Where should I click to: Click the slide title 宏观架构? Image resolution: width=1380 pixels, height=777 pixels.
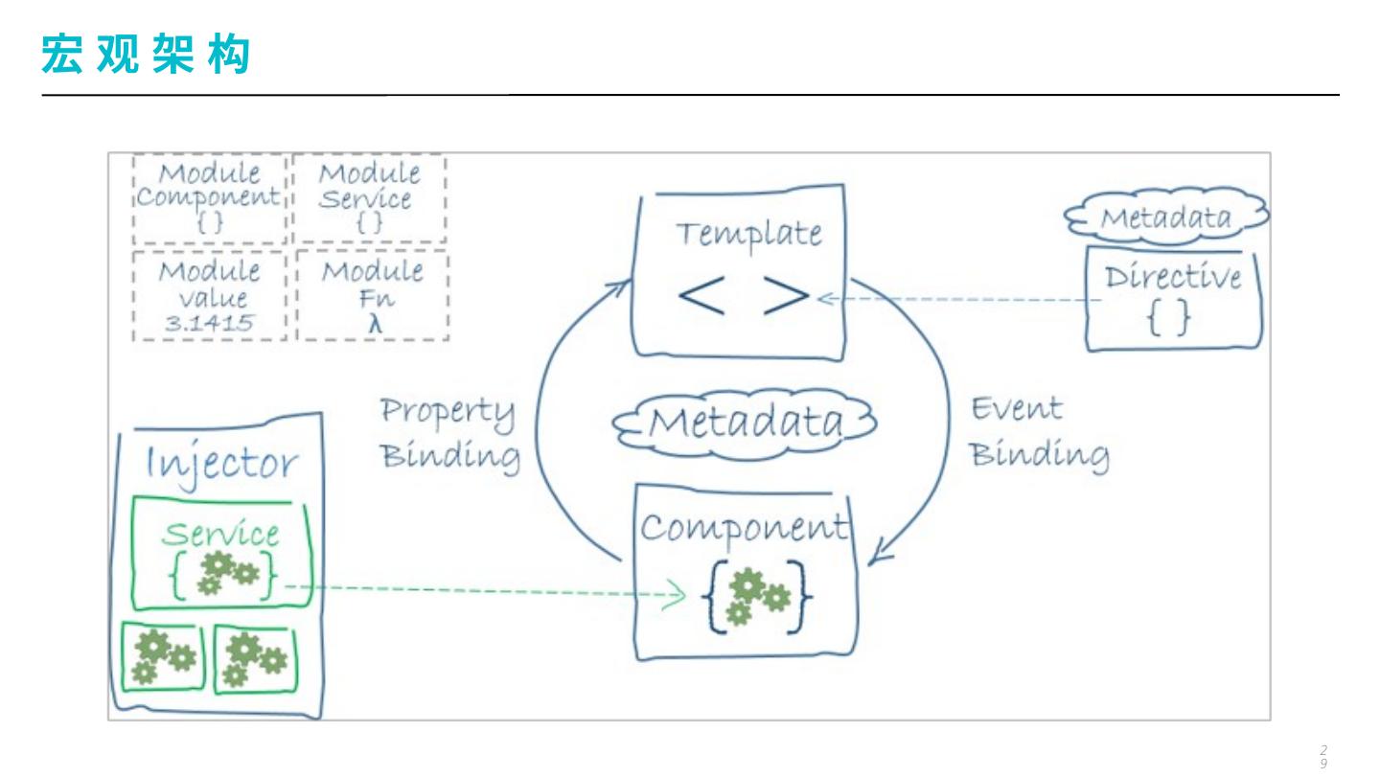[x=145, y=54]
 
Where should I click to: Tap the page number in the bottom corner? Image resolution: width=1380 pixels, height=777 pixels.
[x=1323, y=757]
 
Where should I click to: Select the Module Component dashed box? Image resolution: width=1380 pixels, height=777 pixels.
[x=210, y=198]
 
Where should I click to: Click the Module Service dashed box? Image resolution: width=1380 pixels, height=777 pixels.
[x=369, y=198]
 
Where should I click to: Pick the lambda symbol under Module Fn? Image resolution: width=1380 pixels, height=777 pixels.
[x=376, y=324]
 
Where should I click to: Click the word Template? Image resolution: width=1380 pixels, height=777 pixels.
[x=748, y=234]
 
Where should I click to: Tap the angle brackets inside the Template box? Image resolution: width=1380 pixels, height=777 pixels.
[x=744, y=298]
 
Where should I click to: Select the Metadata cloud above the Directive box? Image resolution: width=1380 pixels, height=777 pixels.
[x=1164, y=217]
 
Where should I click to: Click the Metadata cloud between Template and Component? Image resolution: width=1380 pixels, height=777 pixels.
[x=746, y=423]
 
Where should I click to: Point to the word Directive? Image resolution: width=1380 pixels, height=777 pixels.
[x=1172, y=278]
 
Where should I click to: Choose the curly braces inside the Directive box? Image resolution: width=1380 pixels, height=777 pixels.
[x=1168, y=318]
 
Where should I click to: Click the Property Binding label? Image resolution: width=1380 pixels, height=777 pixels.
[x=449, y=431]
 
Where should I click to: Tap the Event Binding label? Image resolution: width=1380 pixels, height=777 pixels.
[x=1039, y=431]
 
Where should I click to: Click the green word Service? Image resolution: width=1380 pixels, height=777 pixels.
[x=220, y=534]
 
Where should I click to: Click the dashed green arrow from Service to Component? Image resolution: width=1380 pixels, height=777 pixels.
[x=479, y=591]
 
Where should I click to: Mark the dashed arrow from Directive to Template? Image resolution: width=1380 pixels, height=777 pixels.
[x=958, y=299]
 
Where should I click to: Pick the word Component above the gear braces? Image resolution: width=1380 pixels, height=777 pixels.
[x=745, y=527]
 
